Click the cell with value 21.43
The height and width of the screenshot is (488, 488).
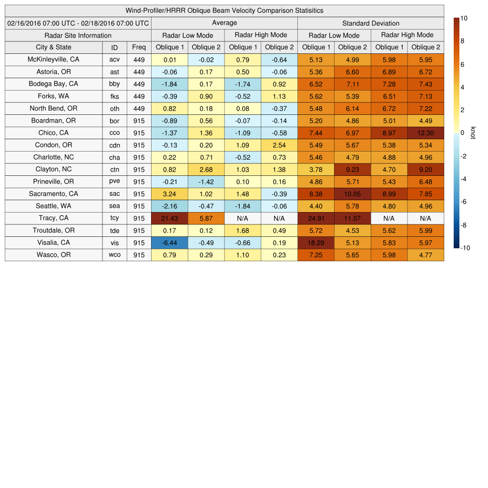point(169,218)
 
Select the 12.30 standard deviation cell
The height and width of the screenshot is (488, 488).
point(426,133)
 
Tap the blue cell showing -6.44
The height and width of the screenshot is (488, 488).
point(169,243)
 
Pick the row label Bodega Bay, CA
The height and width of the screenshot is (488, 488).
point(53,84)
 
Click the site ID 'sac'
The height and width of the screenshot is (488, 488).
point(114,194)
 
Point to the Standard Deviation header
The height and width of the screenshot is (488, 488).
point(370,23)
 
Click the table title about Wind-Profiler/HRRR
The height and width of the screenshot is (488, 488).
point(224,10)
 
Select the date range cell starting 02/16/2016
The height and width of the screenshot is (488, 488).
point(78,23)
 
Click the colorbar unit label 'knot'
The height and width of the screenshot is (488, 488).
point(473,133)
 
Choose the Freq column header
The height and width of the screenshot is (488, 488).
point(139,47)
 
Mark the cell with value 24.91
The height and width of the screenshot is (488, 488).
point(315,218)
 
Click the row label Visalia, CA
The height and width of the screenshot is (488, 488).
point(53,243)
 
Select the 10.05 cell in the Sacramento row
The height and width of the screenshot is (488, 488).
point(352,194)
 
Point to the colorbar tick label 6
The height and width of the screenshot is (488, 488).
point(462,64)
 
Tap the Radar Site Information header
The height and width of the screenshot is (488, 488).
point(78,35)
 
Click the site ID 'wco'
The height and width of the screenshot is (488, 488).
point(114,255)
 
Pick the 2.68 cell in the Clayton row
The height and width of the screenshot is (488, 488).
point(206,170)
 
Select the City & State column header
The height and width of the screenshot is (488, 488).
point(53,47)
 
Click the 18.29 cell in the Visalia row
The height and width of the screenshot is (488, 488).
point(315,243)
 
